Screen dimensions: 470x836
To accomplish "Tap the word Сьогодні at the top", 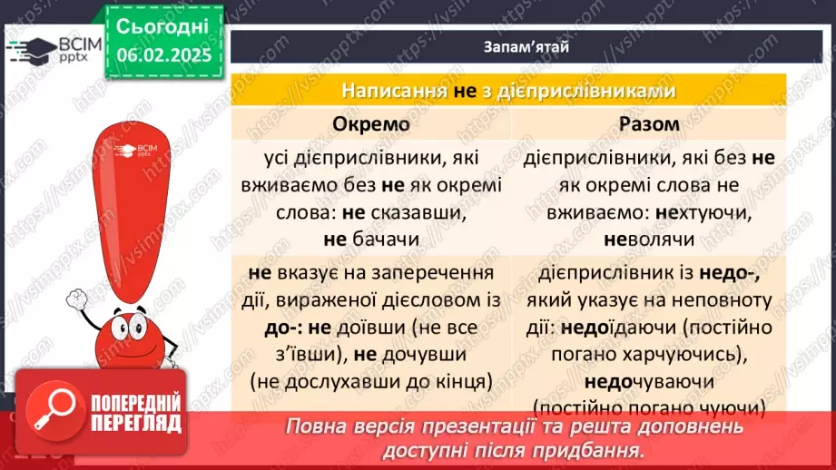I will (x=162, y=25).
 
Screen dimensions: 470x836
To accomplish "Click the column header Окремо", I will (x=371, y=123).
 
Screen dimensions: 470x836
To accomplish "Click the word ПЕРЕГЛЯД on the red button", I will (x=136, y=423).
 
